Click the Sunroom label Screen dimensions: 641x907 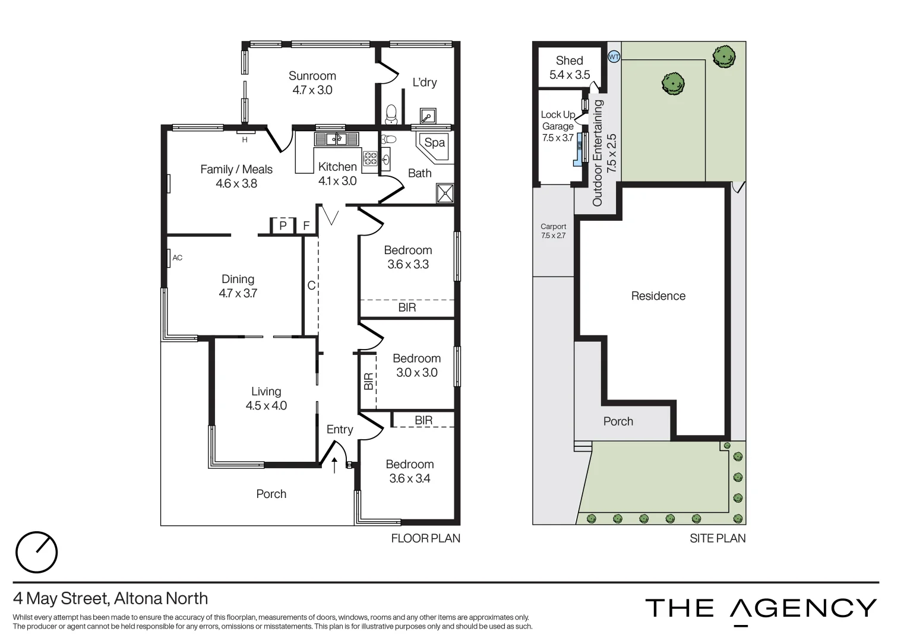click(312, 76)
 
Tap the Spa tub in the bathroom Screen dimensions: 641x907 click(435, 144)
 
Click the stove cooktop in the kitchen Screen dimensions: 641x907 click(371, 158)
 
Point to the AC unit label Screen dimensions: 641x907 click(177, 258)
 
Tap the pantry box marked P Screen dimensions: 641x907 click(283, 226)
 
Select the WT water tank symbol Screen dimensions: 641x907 click(614, 57)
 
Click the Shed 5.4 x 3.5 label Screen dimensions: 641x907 click(569, 68)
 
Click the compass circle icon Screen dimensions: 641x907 click(36, 552)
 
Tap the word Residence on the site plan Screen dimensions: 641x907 click(658, 296)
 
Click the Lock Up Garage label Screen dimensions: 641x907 click(558, 120)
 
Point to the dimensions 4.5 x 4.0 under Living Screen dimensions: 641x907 click(266, 406)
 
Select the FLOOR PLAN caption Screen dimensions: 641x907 click(425, 538)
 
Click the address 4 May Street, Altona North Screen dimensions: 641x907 click(110, 598)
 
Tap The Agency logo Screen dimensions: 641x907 click(761, 609)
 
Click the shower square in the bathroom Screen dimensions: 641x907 click(444, 193)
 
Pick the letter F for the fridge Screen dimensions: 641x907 click(306, 226)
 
